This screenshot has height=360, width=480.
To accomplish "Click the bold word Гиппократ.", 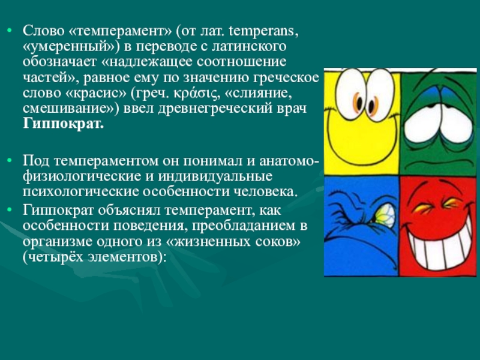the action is [64, 124].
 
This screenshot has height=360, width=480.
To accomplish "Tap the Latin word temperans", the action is [263, 31].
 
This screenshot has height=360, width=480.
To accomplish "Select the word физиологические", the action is [80, 176].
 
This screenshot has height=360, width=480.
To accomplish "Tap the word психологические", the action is [81, 192].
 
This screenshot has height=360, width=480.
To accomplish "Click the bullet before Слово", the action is [10, 31].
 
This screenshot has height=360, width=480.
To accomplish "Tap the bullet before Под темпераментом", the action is [10, 161].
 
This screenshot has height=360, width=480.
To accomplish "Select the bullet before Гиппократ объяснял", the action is [10, 209].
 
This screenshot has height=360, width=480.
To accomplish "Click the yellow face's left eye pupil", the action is [358, 103].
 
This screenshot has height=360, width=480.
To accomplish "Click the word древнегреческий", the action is [215, 109].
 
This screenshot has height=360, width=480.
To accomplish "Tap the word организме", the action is [58, 242].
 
